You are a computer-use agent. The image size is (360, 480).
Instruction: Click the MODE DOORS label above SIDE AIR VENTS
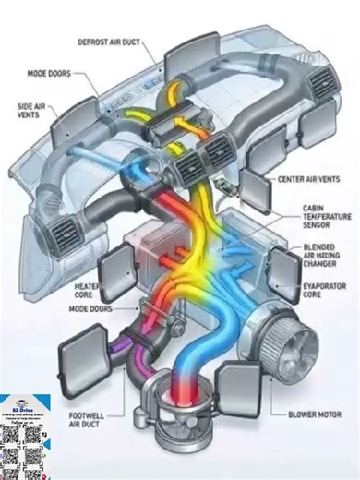pos(50,70)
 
